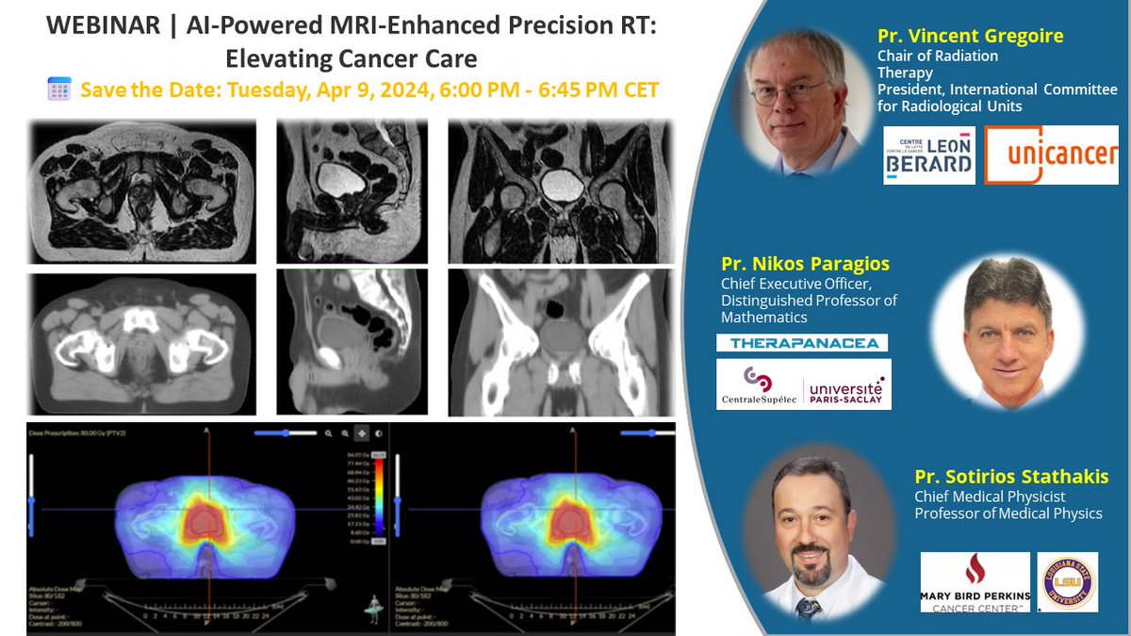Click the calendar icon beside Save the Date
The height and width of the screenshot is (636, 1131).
pyautogui.click(x=59, y=90)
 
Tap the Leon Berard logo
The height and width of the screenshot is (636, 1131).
pyautogui.click(x=928, y=155)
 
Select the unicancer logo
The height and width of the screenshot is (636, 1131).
pyautogui.click(x=1051, y=155)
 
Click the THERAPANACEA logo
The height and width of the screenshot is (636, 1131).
pyautogui.click(x=802, y=343)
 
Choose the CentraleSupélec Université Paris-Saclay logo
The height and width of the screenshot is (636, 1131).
pyautogui.click(x=803, y=384)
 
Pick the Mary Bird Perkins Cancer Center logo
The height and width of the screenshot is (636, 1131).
pyautogui.click(x=975, y=582)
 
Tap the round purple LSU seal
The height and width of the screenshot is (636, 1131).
pyautogui.click(x=1067, y=581)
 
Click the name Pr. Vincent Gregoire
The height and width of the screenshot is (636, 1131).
pyautogui.click(x=970, y=37)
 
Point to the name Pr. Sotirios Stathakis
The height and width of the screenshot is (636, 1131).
pyautogui.click(x=1011, y=477)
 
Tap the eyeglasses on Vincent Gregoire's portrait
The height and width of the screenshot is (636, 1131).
pyautogui.click(x=792, y=91)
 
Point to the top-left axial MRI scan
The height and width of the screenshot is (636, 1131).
pyautogui.click(x=143, y=191)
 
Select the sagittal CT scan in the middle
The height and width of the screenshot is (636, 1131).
pyautogui.click(x=352, y=341)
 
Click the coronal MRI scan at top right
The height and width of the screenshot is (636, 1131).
pyautogui.click(x=562, y=191)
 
